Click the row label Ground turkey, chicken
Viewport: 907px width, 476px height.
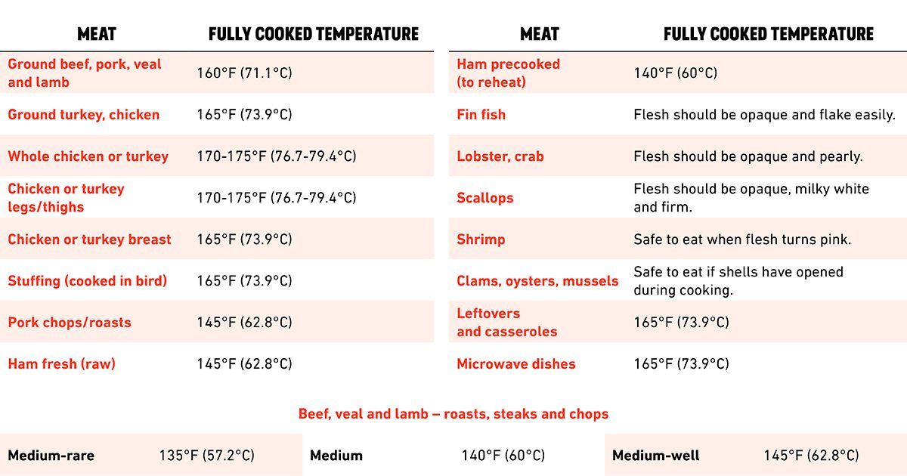[x=83, y=115]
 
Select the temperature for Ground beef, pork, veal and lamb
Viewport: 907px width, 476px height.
[x=244, y=73]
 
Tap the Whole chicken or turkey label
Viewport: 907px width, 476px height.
[x=88, y=156]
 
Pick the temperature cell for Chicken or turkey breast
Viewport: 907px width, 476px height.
[x=244, y=240]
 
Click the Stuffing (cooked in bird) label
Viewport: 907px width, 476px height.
[x=87, y=281]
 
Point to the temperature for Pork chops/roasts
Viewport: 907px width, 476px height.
[x=244, y=323]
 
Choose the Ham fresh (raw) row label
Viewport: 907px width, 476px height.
[x=61, y=364]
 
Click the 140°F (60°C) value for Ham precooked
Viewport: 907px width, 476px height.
[x=675, y=73]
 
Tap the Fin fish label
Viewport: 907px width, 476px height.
[x=481, y=115]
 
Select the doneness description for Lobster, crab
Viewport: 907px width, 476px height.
[x=748, y=156]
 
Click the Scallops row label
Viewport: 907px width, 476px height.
[x=484, y=198]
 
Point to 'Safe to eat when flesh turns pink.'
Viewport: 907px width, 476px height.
[x=742, y=240]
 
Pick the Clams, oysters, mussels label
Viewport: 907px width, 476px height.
[x=537, y=281]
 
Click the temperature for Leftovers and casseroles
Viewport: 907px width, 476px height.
[x=681, y=323]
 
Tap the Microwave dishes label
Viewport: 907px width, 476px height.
[x=515, y=364]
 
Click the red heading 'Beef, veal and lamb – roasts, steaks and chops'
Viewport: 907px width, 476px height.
[x=453, y=414]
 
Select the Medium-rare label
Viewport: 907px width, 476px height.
[x=51, y=456]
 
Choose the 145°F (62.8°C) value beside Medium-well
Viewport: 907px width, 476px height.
[x=811, y=456]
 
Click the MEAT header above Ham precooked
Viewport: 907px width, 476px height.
[x=539, y=34]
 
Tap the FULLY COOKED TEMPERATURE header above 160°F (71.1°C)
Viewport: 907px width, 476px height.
[x=313, y=34]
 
